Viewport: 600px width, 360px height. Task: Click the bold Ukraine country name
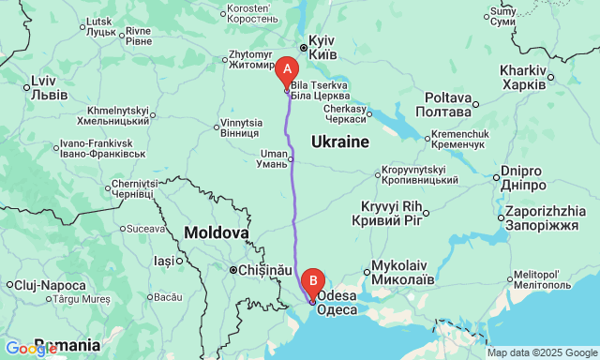[x=338, y=142]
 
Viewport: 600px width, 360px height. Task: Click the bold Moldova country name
[x=217, y=232]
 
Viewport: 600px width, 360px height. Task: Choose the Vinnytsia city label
[x=242, y=128]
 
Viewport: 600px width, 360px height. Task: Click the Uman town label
[x=274, y=157]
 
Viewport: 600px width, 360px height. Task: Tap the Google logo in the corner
[x=30, y=349]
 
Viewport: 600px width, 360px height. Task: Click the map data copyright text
[x=542, y=353]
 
